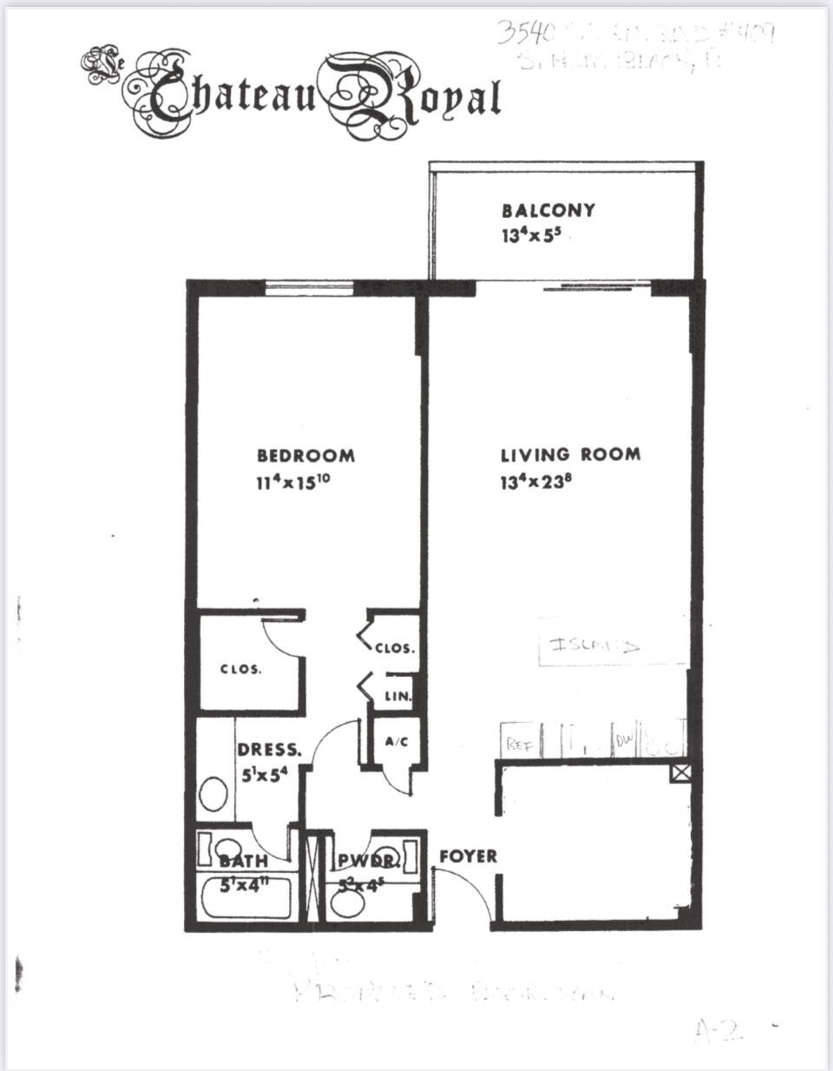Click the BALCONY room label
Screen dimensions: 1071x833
(548, 210)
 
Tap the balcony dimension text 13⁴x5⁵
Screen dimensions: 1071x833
(535, 234)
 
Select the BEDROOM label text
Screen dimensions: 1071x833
(305, 455)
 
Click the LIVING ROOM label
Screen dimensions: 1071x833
(570, 454)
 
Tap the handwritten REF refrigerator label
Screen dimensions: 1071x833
(519, 743)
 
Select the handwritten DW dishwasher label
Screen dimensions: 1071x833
(625, 739)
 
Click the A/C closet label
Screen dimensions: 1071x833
(397, 742)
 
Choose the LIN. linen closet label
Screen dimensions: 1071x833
(397, 696)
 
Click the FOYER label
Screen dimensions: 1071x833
(468, 856)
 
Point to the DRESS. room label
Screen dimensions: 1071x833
(270, 750)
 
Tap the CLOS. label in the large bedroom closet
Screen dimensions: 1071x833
(240, 670)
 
